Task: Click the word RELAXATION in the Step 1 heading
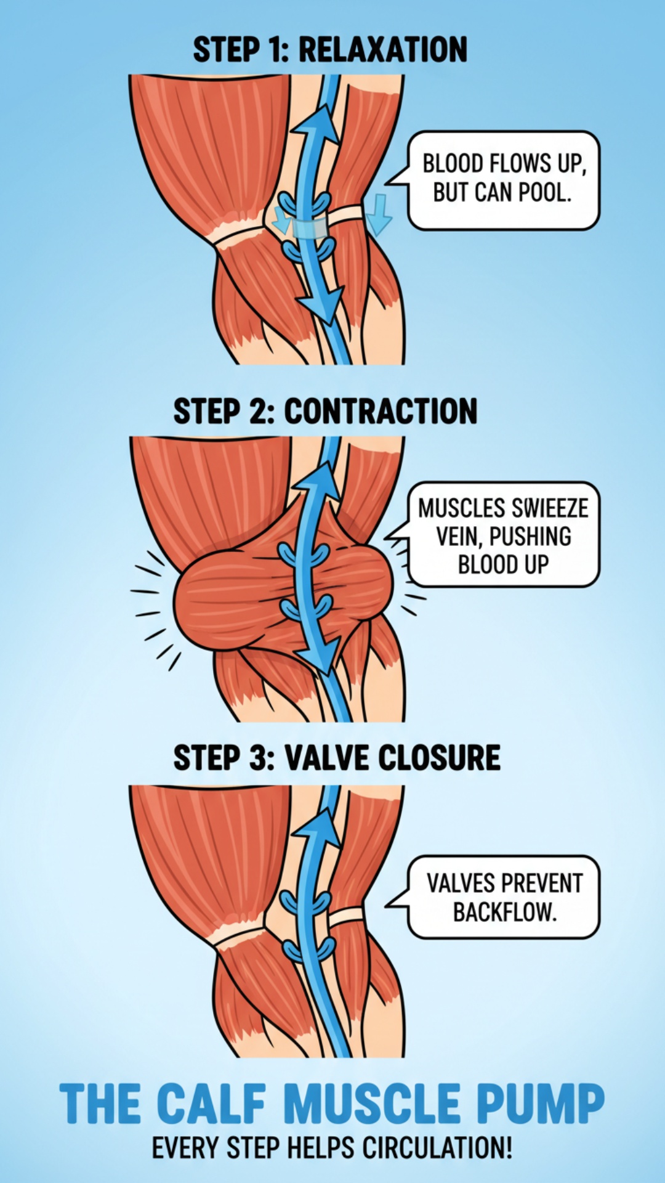coord(382,50)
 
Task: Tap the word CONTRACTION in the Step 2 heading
coord(381,411)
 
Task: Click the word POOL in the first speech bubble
coord(545,192)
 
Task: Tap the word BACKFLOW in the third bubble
coord(504,911)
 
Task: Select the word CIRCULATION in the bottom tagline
coord(437,1148)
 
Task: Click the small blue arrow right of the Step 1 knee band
coord(379,214)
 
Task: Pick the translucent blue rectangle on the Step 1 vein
coord(309,229)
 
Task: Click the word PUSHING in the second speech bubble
coord(530,536)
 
